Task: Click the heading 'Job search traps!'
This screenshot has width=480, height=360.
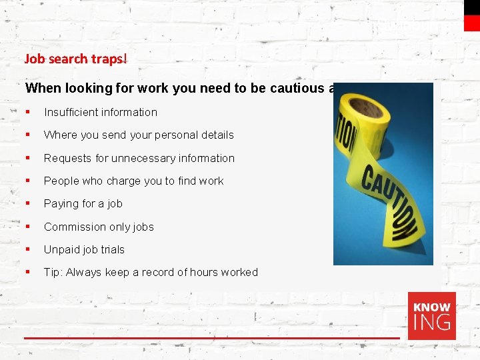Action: [75, 59]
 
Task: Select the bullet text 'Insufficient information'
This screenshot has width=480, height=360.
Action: [101, 112]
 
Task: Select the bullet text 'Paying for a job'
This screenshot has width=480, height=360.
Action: [83, 203]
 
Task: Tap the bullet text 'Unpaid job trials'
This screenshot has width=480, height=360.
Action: [84, 249]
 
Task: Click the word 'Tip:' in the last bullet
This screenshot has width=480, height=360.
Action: [53, 272]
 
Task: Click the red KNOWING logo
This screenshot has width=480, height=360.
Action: [432, 316]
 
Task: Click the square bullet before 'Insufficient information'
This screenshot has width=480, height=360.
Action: [27, 112]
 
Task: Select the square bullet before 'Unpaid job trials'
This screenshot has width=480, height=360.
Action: [27, 249]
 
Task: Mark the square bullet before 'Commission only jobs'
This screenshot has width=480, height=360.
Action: [27, 227]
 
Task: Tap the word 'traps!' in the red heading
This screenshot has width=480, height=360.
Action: [109, 59]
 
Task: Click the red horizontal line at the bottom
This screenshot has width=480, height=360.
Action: [212, 339]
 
